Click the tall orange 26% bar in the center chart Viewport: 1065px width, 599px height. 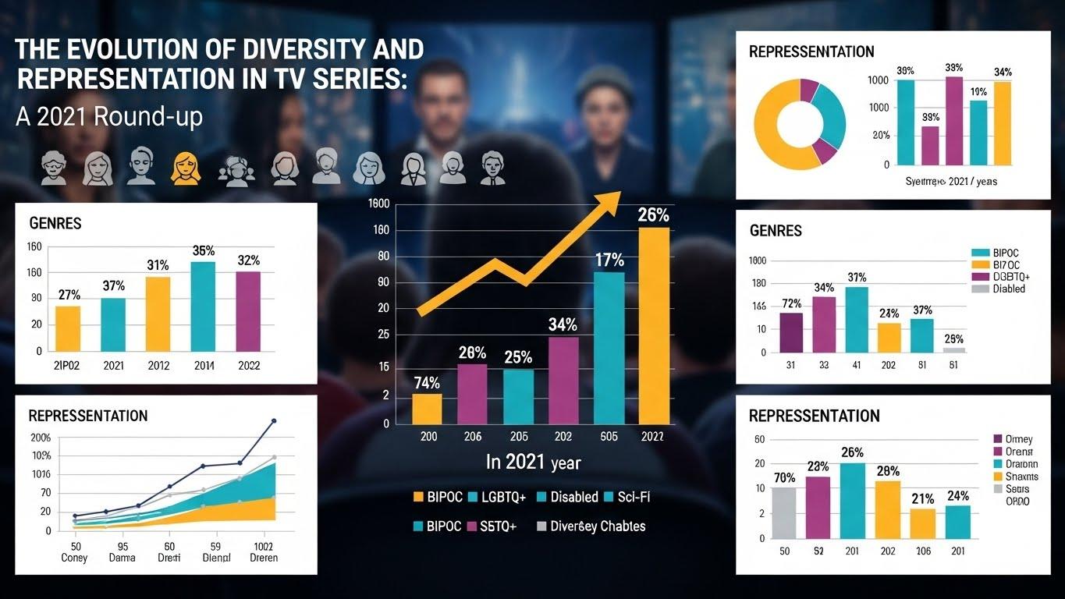point(654,326)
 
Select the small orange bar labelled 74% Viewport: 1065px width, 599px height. point(427,409)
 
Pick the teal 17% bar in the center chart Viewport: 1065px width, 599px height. point(609,348)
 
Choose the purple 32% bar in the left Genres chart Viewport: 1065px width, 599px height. point(248,311)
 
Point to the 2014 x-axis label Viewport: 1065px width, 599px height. point(203,365)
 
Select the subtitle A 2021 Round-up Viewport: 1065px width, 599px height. point(108,116)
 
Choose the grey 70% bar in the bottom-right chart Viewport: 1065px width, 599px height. point(784,512)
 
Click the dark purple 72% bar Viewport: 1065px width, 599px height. point(790,332)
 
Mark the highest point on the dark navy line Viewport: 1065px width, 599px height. point(273,421)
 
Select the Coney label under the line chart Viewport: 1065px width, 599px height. point(75,558)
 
